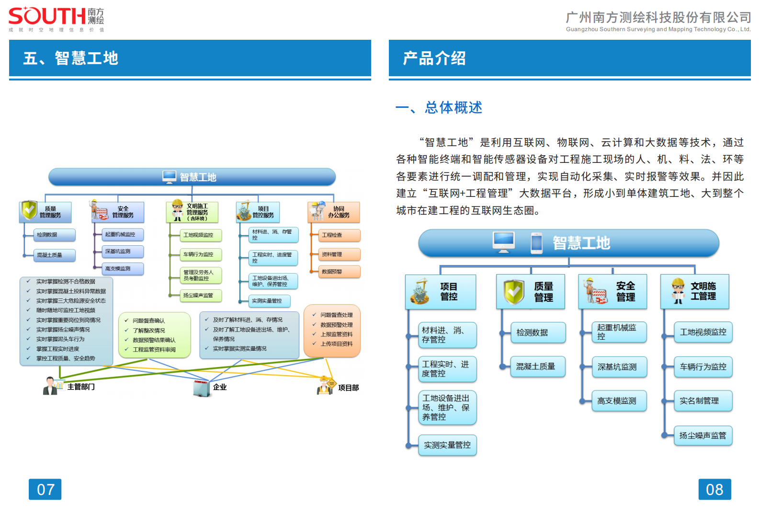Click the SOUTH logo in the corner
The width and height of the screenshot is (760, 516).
point(56,18)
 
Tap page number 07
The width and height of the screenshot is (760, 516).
point(45,489)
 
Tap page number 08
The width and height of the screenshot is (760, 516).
point(714,489)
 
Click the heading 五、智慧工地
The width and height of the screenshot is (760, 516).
point(71,58)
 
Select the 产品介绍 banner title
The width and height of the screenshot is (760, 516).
point(434,58)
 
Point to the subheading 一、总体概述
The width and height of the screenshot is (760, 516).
point(439,107)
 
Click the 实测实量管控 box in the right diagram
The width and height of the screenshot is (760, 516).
point(447,445)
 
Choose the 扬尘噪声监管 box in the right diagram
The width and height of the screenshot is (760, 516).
point(703,436)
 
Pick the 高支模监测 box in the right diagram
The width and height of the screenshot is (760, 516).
point(617,401)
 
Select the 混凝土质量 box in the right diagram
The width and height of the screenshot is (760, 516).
point(535,367)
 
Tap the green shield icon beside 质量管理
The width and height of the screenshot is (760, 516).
point(513,292)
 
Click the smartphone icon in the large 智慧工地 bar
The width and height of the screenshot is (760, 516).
point(536,243)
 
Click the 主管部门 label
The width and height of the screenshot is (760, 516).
point(81,387)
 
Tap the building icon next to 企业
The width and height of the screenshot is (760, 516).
point(202,388)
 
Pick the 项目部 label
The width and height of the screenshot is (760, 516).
point(348,388)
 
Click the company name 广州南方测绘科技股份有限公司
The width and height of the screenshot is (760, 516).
point(658,18)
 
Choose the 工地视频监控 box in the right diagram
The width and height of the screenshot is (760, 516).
point(703,332)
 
